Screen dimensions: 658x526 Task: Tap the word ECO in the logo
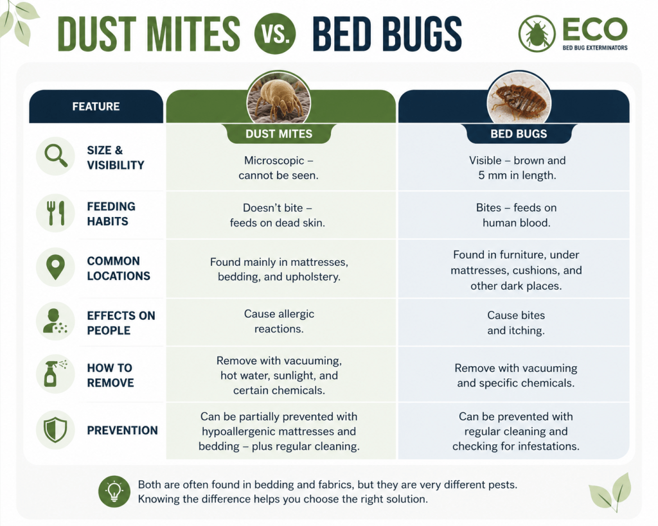coord(594,29)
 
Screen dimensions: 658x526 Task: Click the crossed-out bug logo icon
coord(537,33)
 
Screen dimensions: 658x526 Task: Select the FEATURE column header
coord(96,107)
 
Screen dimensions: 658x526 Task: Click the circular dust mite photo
coord(279,101)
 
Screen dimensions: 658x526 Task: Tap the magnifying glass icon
coord(56,156)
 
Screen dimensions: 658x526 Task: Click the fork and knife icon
coord(56,213)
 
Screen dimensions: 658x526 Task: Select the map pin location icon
coord(56,267)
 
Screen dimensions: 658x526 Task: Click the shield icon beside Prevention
coord(56,430)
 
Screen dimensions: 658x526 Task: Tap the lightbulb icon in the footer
coord(114,491)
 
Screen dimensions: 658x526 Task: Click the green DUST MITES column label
coord(279,134)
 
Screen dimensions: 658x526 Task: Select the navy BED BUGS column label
coord(519,134)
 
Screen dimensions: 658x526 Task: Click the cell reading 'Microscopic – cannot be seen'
coord(279,168)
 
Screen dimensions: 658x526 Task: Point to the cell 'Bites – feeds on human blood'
coord(516,215)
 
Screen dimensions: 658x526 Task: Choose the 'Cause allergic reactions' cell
coord(279,321)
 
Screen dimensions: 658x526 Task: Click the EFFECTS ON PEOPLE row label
coord(121,323)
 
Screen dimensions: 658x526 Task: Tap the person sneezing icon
coord(56,321)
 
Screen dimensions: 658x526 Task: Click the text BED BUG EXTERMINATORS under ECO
coord(595,48)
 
